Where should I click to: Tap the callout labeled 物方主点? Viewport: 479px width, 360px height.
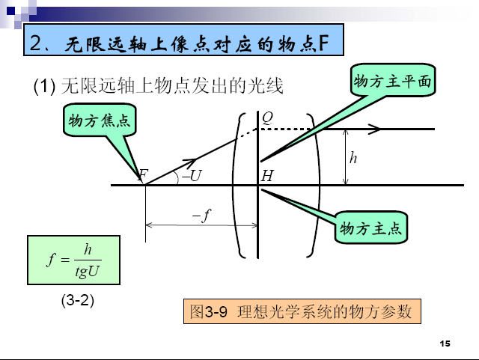tap(371, 227)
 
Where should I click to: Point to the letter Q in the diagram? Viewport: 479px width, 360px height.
tap(267, 117)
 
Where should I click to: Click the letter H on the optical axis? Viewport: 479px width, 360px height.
tap(268, 177)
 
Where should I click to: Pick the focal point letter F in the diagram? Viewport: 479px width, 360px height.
tap(144, 175)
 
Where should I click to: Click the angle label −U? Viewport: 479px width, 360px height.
tap(192, 176)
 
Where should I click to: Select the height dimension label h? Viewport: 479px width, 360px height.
tap(353, 157)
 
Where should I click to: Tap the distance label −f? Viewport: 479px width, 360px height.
tap(201, 216)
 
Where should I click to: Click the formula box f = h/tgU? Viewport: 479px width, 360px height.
tap(73, 260)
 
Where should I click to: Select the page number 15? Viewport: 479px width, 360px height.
tap(445, 344)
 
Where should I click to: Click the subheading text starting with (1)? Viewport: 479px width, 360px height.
tap(158, 87)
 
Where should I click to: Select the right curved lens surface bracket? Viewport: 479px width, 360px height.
tap(319, 183)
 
